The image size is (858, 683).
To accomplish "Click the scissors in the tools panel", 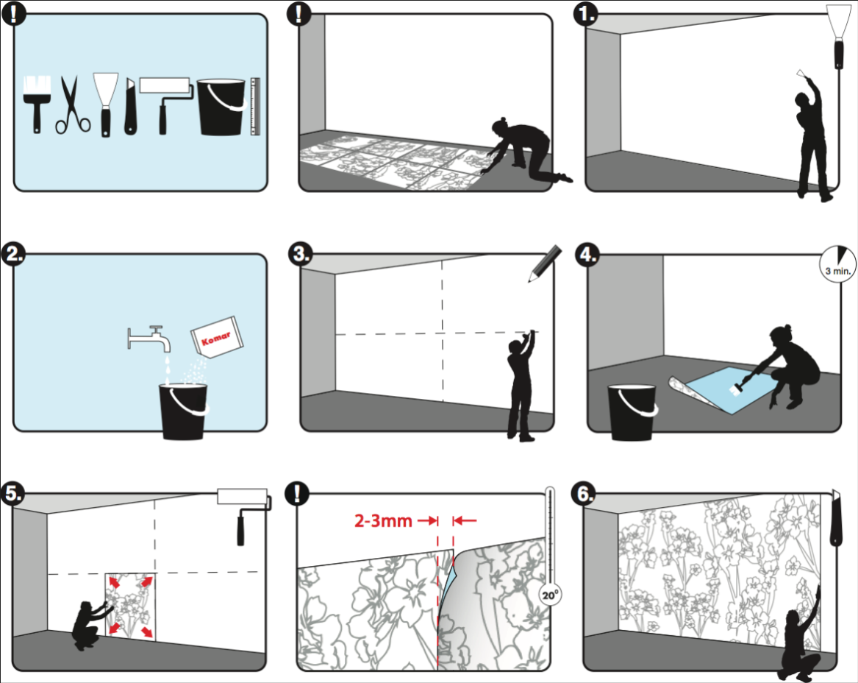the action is tap(73, 105).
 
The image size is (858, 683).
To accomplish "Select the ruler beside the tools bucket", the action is tap(255, 106).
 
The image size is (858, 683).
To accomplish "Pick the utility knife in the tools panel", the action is tap(130, 106).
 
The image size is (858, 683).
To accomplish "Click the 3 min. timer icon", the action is tap(837, 263).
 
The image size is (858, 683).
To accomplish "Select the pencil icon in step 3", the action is tap(545, 263).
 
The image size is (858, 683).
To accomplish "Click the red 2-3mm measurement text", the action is tap(383, 520).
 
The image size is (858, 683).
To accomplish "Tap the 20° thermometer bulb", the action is tap(550, 594).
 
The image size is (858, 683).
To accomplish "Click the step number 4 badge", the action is tap(587, 255).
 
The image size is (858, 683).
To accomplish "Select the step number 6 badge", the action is tap(584, 494).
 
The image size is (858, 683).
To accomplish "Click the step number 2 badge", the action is tap(14, 255).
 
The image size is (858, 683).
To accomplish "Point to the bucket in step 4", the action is tap(632, 412).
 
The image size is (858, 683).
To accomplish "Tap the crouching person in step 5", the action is tap(90, 625).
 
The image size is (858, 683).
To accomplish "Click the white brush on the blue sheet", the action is tap(735, 389).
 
